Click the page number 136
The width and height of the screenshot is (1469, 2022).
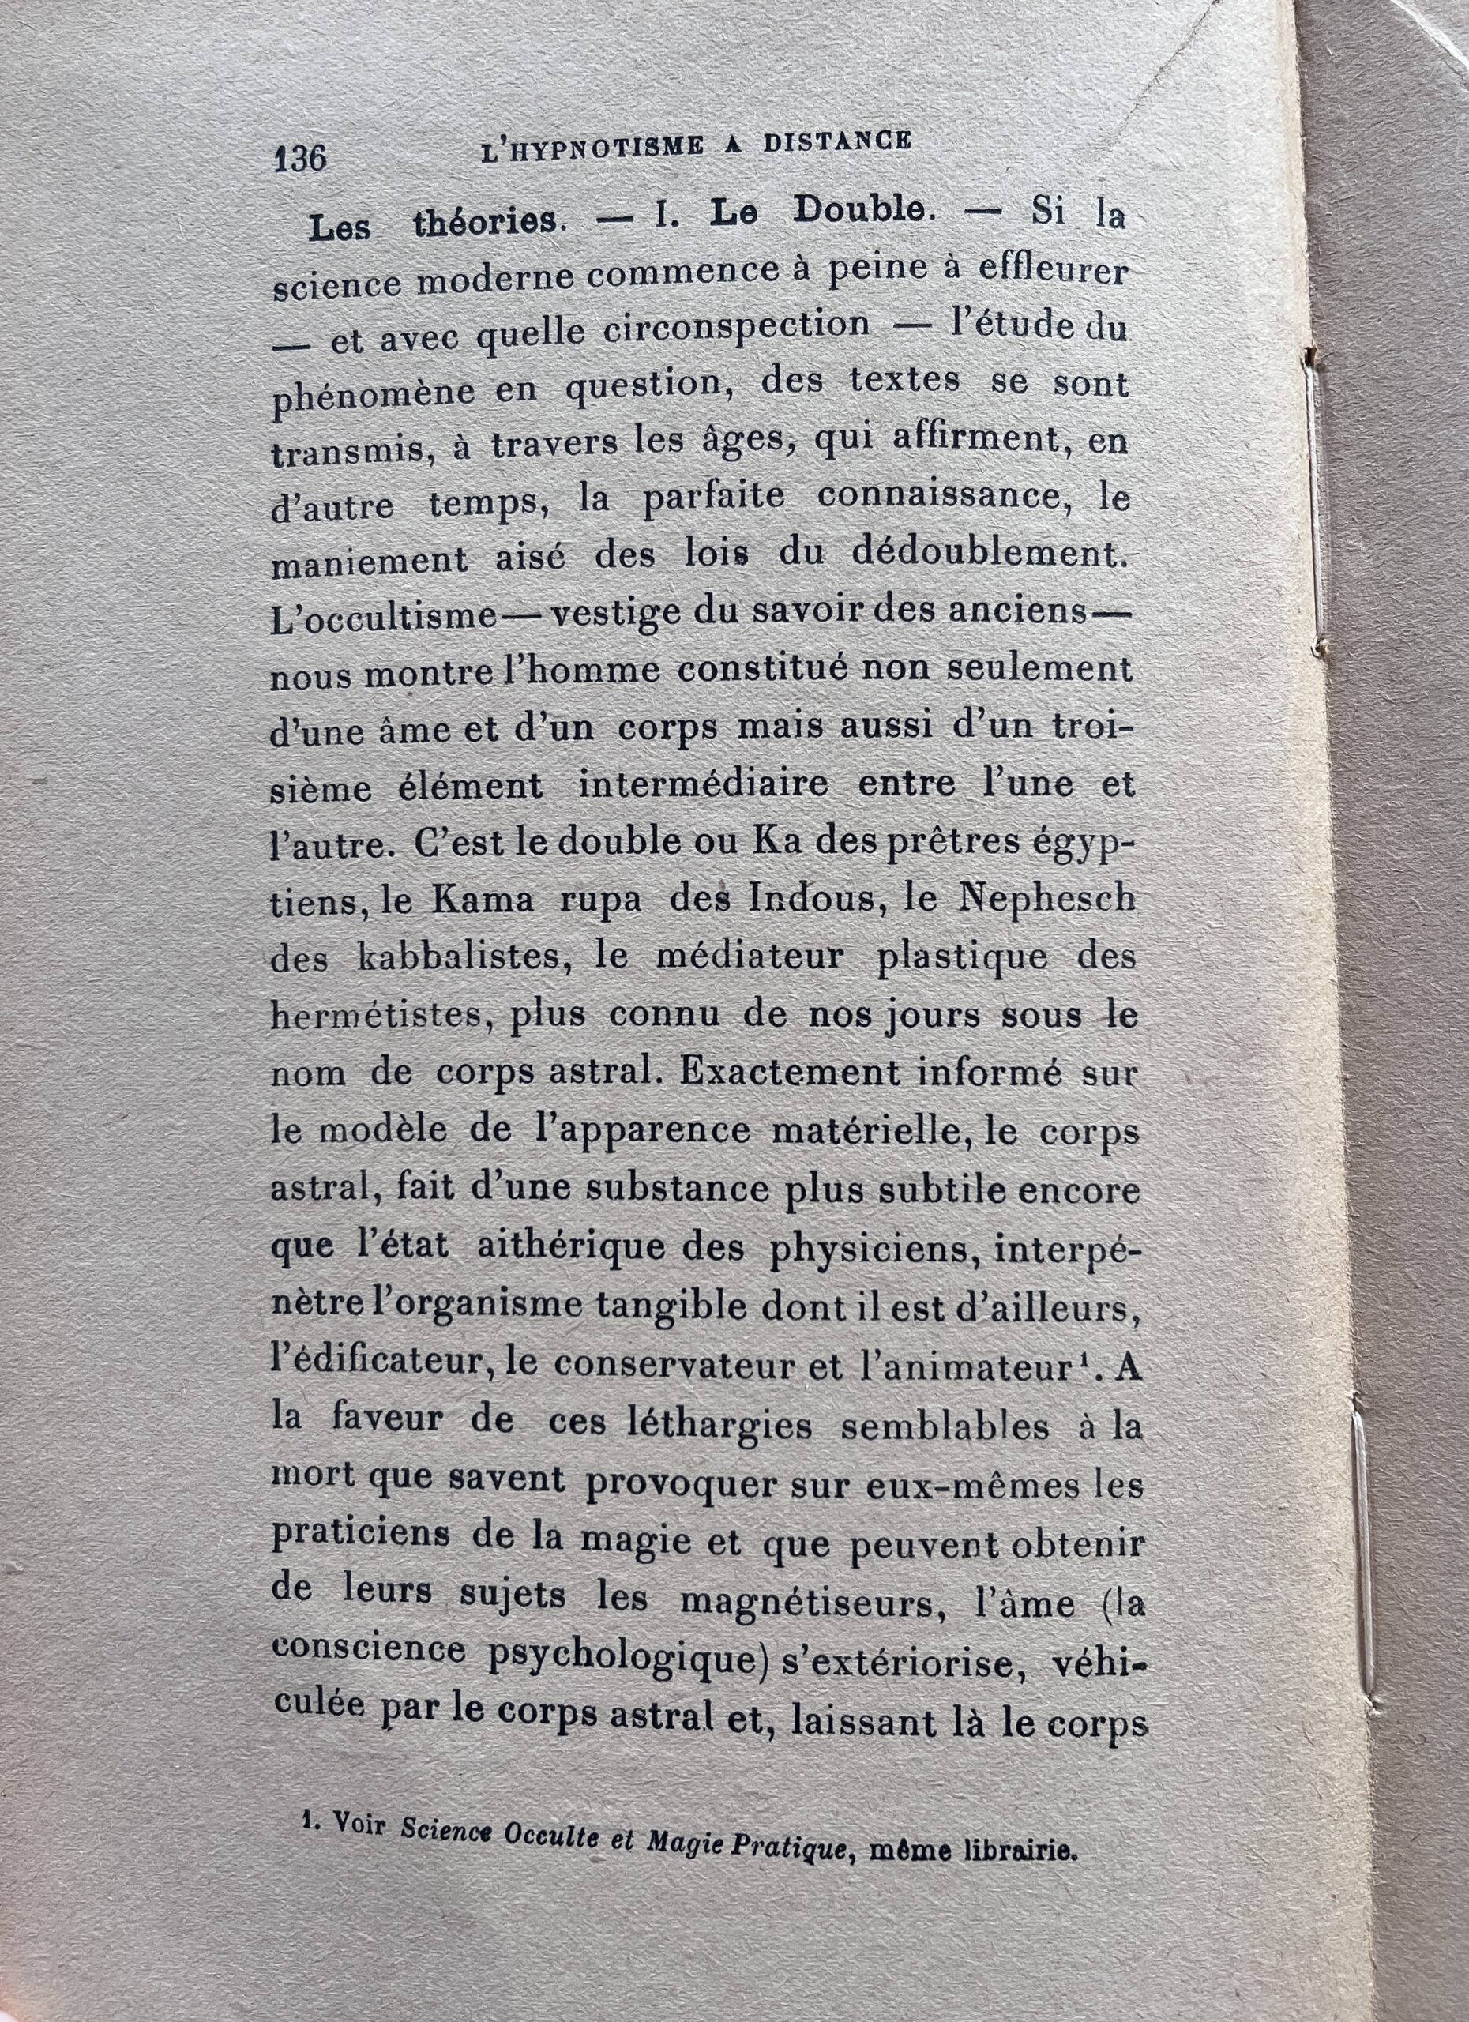point(300,159)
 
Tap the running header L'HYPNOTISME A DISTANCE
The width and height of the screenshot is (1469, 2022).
point(695,146)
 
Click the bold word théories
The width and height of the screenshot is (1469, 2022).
point(488,223)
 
